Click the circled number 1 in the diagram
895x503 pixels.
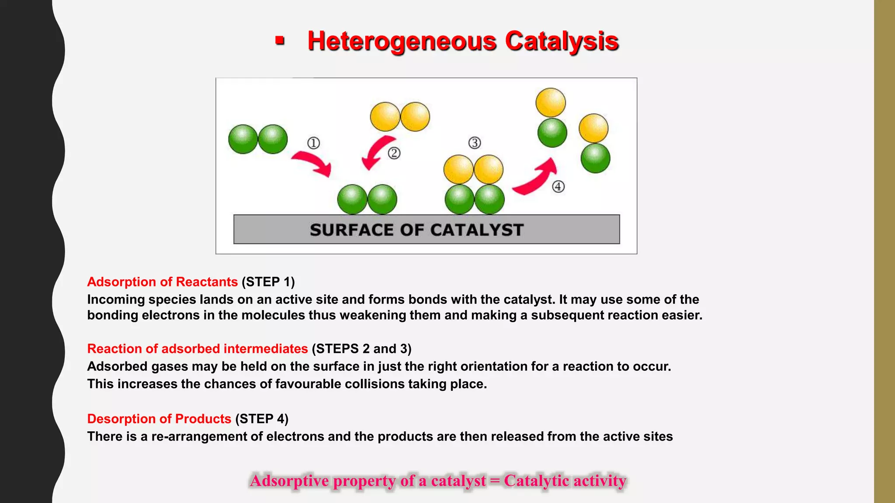coord(313,143)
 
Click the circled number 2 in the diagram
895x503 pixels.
coord(394,153)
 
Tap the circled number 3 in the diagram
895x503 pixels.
coord(475,143)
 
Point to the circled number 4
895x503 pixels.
coord(558,187)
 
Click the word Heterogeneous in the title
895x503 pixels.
coord(402,41)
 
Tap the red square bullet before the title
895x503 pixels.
coord(280,41)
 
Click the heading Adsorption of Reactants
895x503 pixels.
coord(162,282)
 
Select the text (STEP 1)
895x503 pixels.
coord(268,282)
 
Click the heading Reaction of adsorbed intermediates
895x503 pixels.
coord(198,349)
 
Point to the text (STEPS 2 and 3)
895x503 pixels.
coord(361,349)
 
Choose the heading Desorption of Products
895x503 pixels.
coord(159,419)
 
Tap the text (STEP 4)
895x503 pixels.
coord(262,419)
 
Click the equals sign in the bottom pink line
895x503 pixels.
coord(495,481)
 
